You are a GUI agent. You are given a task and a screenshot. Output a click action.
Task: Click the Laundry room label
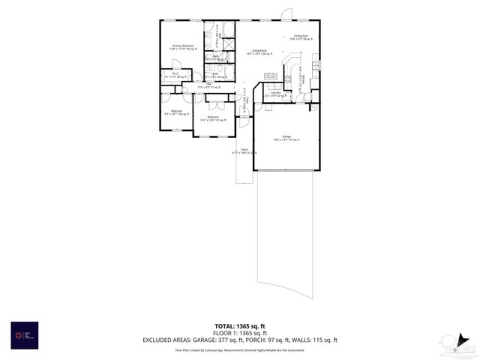tap(275, 94)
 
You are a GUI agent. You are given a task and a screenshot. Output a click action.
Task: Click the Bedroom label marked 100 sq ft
tap(176, 112)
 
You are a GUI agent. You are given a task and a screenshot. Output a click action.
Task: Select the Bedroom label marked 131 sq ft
tap(213, 118)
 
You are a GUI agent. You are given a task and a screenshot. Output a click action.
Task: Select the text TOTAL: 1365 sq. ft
tap(240, 327)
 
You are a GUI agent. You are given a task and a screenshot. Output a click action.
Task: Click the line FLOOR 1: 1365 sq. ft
tap(240, 334)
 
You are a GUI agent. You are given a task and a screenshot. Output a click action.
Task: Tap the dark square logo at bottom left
tap(23, 334)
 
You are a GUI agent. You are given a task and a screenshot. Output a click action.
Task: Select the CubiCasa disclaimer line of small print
tap(240, 349)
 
